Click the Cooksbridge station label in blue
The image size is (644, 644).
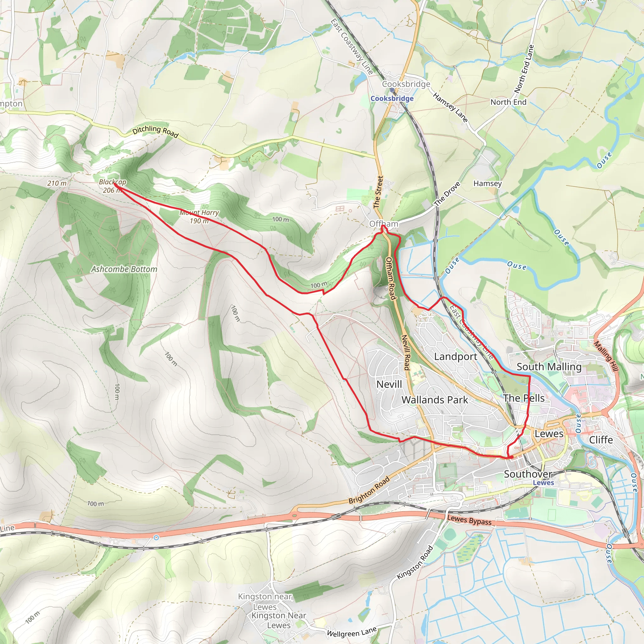coord(392,99)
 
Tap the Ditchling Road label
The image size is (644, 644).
coord(155,132)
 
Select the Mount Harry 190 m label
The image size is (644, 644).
coord(199,217)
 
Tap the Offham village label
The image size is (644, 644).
coord(384,224)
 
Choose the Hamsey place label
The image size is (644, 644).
coord(487,183)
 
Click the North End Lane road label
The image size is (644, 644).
coord(524,69)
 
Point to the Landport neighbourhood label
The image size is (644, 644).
coord(455,357)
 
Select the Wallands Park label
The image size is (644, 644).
coord(435,400)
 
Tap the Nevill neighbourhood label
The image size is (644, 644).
coord(389,384)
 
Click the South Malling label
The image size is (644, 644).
coord(549,367)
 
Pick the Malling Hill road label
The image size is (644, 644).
coord(606,356)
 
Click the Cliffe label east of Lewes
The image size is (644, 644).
coord(601,440)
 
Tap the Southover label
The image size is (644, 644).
coord(528,474)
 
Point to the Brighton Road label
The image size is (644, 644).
coord(369,490)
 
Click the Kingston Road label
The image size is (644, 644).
coord(415,562)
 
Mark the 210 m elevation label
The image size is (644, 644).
coord(57,183)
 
